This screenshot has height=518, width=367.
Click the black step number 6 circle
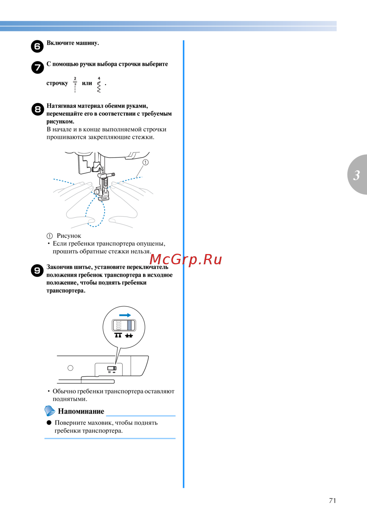pyautogui.click(x=37, y=46)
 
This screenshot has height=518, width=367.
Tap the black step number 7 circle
pyautogui.click(x=37, y=67)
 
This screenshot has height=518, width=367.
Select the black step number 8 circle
pyautogui.click(x=38, y=109)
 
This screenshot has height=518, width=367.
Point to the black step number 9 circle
pyautogui.click(x=37, y=271)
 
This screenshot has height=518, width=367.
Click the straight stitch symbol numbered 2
pyautogui.click(x=75, y=85)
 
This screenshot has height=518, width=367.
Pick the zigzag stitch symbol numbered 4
pyautogui.click(x=99, y=85)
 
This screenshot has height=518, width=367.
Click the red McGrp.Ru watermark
pyautogui.click(x=186, y=260)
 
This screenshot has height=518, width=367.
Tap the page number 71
pyautogui.click(x=333, y=501)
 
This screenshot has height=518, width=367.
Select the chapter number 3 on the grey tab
pyautogui.click(x=357, y=175)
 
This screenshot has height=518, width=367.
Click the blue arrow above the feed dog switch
pyautogui.click(x=125, y=315)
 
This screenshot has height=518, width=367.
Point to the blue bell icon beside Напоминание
pyautogui.click(x=50, y=411)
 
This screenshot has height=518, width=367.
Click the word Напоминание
pyautogui.click(x=81, y=411)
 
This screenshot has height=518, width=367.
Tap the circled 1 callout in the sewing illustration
pyautogui.click(x=145, y=162)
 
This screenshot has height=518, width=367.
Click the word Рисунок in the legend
pyautogui.click(x=69, y=236)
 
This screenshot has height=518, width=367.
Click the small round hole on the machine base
pyautogui.click(x=70, y=368)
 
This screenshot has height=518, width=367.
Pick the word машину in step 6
pyautogui.click(x=87, y=43)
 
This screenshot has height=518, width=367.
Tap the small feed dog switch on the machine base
pyautogui.click(x=112, y=368)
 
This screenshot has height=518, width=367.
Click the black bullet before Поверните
pyautogui.click(x=49, y=422)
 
